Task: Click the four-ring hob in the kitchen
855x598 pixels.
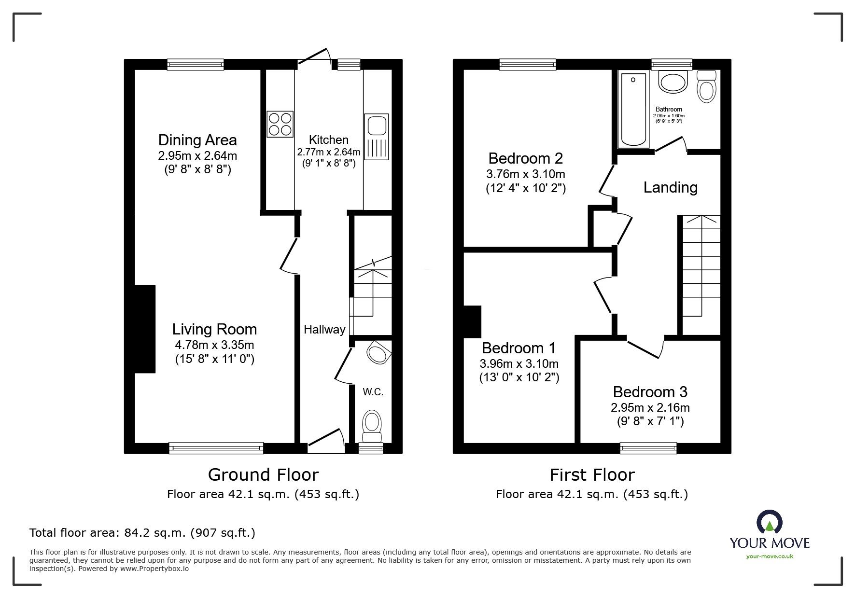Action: (x=280, y=124)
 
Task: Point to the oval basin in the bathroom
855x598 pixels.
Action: (x=673, y=83)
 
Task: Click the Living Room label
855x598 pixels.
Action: (x=214, y=330)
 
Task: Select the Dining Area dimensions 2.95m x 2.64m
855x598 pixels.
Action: (x=197, y=156)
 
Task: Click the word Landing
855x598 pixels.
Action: (x=670, y=187)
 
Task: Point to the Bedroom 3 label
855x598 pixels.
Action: (x=650, y=392)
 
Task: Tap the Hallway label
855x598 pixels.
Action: (x=324, y=330)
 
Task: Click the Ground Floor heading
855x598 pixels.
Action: (x=263, y=475)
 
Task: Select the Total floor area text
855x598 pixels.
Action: (x=142, y=533)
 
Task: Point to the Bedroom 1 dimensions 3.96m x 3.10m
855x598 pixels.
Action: (x=519, y=363)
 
